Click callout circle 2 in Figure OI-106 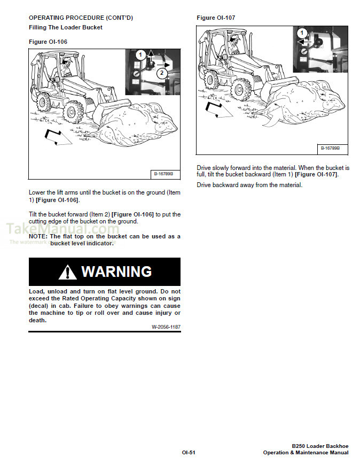162,75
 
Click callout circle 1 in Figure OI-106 140,55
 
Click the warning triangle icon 68,272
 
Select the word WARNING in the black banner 116,272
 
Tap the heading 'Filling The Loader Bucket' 65,27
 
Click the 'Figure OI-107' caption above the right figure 216,18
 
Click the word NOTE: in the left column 38,236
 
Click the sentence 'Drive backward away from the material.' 249,185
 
